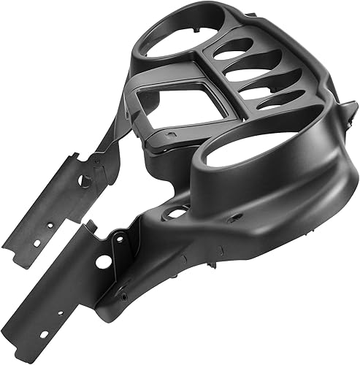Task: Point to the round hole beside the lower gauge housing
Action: [175, 214]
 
